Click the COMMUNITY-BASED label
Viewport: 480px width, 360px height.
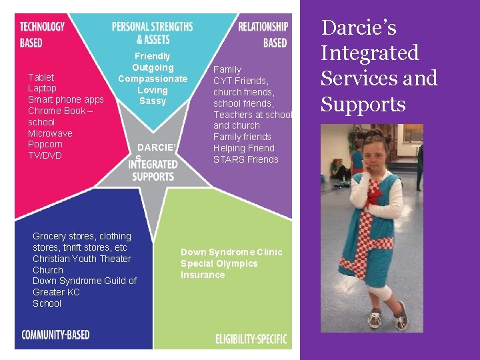pyautogui.click(x=55, y=335)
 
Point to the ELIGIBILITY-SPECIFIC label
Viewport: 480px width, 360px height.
pyautogui.click(x=251, y=339)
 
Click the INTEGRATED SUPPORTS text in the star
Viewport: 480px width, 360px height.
pyautogui.click(x=153, y=170)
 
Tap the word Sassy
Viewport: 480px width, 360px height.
pyautogui.click(x=153, y=101)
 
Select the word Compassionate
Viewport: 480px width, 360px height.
pyautogui.click(x=153, y=79)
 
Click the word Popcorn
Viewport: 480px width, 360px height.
pyautogui.click(x=45, y=144)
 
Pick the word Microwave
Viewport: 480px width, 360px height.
pyautogui.click(x=50, y=133)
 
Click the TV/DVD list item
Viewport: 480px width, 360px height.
pyautogui.click(x=45, y=155)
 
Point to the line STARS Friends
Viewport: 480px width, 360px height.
pyautogui.click(x=245, y=159)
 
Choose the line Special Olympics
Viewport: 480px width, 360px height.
pyautogui.click(x=219, y=263)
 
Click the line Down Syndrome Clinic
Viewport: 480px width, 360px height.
pyautogui.click(x=231, y=252)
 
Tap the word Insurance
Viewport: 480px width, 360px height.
pyautogui.click(x=203, y=275)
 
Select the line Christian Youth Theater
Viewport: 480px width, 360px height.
pyautogui.click(x=82, y=259)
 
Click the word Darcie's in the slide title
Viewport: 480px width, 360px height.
pyautogui.click(x=359, y=28)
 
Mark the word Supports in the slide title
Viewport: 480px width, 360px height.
pyautogui.click(x=363, y=104)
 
